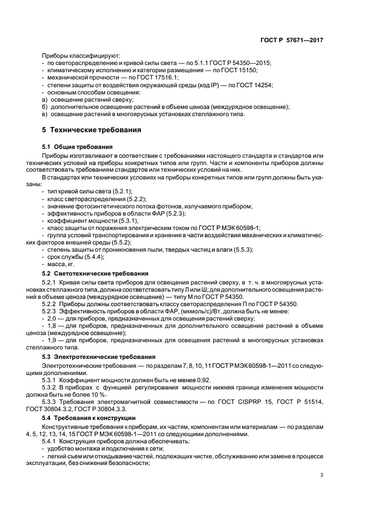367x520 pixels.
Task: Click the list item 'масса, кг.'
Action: pos(61,266)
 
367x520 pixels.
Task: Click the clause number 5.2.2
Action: pos(52,304)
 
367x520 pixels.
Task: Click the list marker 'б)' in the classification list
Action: pos(44,106)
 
